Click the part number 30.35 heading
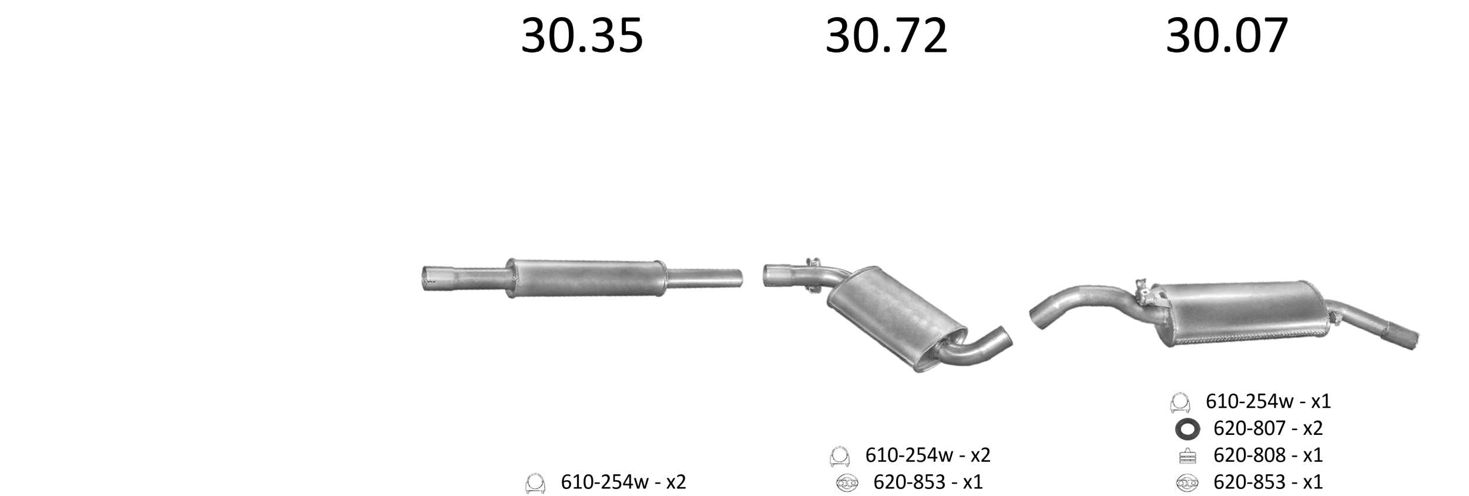(582, 36)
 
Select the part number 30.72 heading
(886, 36)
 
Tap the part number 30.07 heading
(1227, 36)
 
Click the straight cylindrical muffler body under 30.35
(586, 278)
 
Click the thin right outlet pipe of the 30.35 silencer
(704, 278)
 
